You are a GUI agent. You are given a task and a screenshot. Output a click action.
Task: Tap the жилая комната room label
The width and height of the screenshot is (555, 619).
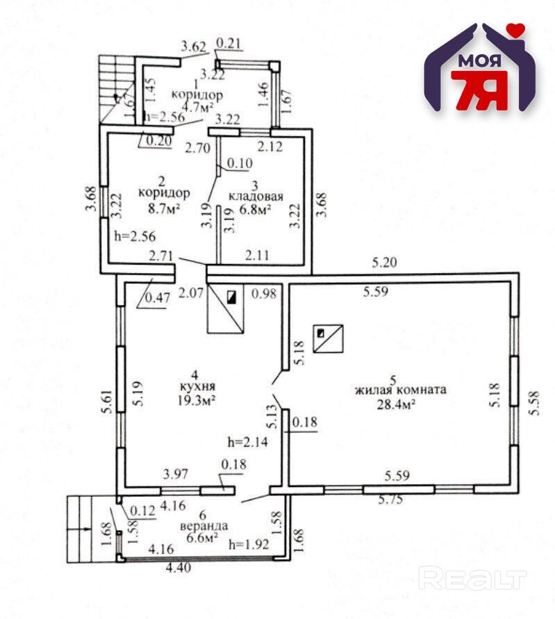click(x=399, y=390)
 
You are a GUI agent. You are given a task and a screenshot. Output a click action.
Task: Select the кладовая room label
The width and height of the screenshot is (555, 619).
click(x=256, y=197)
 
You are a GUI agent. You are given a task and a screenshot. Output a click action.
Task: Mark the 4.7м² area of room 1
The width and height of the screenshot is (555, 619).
click(x=197, y=107)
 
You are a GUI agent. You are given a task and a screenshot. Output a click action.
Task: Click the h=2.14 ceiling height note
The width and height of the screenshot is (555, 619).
click(x=247, y=440)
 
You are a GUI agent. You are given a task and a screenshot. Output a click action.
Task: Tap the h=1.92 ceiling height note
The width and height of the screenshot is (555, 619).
click(x=247, y=545)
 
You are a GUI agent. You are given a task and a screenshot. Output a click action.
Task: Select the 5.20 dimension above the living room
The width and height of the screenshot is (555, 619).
click(x=384, y=263)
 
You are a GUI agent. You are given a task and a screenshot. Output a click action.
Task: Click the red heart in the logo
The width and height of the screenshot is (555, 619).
click(x=515, y=30)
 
